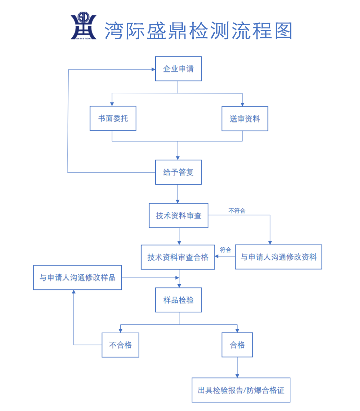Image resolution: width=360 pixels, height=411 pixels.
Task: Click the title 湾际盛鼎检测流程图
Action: (x=198, y=31)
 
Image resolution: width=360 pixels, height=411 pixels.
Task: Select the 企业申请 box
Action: (x=178, y=69)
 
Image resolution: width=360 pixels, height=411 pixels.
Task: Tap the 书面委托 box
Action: (x=113, y=119)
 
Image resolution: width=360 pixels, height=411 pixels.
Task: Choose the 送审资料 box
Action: (x=245, y=119)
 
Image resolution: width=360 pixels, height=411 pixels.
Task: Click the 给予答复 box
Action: (x=178, y=172)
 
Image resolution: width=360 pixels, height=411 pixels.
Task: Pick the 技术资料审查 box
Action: (x=179, y=216)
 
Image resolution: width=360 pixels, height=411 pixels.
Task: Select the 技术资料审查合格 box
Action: (x=178, y=257)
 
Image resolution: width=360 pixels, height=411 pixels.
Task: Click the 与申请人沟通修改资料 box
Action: (x=278, y=257)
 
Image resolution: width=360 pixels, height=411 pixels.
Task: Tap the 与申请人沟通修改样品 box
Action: (x=77, y=278)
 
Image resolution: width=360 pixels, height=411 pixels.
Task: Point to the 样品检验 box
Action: (x=178, y=300)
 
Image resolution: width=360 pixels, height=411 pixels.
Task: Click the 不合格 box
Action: (x=120, y=345)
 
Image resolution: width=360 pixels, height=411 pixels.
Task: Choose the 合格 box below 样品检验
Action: (x=237, y=345)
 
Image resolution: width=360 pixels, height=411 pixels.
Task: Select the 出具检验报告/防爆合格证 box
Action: (x=241, y=390)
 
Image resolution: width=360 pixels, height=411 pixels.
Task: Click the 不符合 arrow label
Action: (x=237, y=211)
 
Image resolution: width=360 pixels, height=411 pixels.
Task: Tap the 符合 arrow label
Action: (x=225, y=250)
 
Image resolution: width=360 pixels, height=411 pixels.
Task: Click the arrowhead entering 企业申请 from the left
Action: (x=153, y=70)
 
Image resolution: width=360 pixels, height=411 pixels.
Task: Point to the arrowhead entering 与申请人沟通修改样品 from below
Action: (x=73, y=292)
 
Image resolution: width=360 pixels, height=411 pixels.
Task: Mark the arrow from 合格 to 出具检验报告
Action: (x=237, y=367)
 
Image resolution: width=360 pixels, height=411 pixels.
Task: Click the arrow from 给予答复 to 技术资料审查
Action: (x=178, y=194)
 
